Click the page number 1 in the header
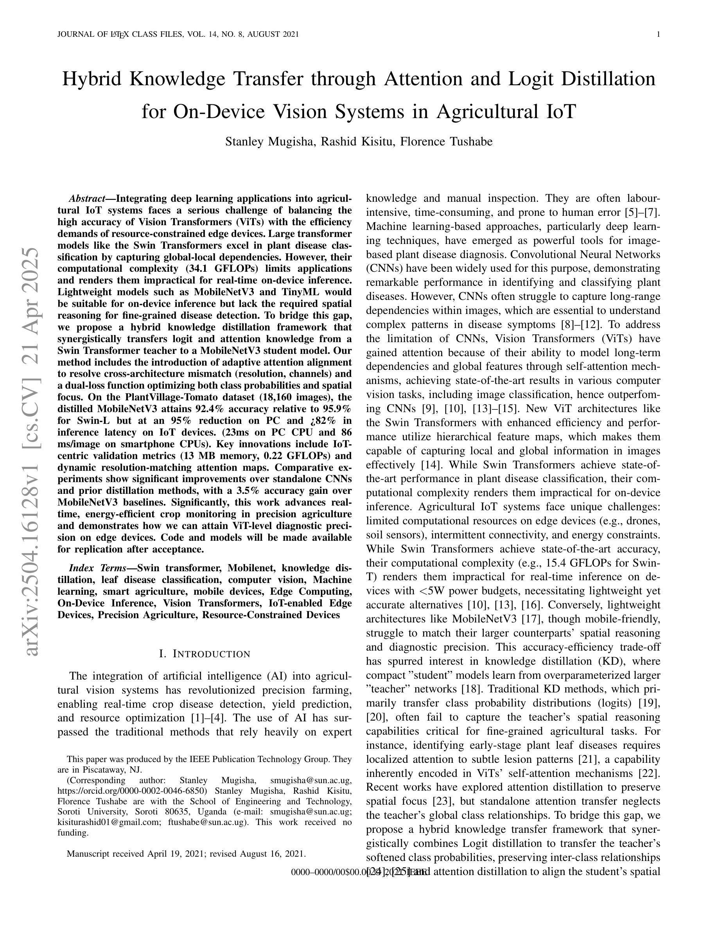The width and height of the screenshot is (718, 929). (659, 34)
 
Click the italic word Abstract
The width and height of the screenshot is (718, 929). (87, 199)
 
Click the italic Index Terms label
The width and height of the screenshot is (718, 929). (98, 568)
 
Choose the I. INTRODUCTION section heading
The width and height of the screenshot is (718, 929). (205, 654)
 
